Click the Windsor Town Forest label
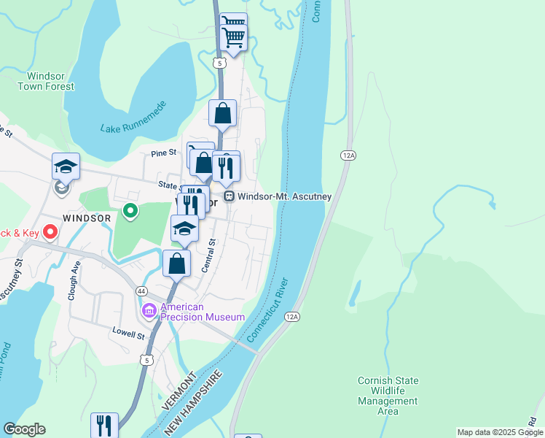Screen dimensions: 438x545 (x=46, y=81)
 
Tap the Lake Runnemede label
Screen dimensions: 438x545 (x=133, y=118)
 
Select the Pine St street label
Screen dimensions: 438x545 (x=163, y=153)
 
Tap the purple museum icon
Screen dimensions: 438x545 (x=149, y=312)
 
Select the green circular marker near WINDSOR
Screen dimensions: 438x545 (x=130, y=212)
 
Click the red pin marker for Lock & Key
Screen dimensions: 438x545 (x=50, y=232)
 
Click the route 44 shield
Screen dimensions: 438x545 (x=141, y=291)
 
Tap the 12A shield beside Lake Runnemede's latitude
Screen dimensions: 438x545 (x=348, y=155)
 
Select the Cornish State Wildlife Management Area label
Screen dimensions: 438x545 (x=388, y=396)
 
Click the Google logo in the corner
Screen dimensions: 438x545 (x=24, y=429)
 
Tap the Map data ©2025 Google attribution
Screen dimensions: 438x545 (x=499, y=432)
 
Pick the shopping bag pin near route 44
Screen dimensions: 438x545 (x=177, y=263)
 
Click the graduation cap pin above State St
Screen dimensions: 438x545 (x=66, y=166)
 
